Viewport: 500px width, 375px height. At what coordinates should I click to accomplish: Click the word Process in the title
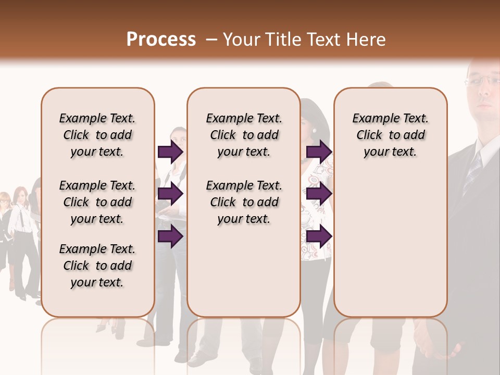tap(161, 40)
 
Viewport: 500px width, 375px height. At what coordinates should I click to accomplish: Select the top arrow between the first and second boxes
tap(170, 152)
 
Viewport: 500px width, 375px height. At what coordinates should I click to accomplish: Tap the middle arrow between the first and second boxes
tap(170, 194)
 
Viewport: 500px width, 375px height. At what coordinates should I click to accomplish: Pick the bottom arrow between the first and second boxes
tap(170, 236)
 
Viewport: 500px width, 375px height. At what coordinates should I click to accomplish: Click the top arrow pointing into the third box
tap(319, 152)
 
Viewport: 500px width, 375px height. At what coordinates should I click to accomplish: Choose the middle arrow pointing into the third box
tap(319, 194)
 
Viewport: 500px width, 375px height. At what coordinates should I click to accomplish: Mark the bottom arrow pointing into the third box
tap(319, 236)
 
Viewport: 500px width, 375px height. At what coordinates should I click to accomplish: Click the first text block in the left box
tap(97, 135)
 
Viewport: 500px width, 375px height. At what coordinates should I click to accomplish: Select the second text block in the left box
tap(97, 202)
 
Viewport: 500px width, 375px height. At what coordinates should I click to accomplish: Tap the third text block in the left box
tap(97, 266)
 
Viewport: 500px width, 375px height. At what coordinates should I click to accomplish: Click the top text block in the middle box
tap(244, 135)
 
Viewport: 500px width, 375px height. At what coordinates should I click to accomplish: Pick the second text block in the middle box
tap(244, 202)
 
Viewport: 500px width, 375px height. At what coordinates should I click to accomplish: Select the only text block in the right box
tap(390, 135)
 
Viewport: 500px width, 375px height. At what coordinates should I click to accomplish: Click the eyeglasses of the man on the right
tap(482, 80)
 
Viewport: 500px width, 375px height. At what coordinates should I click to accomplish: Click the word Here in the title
tap(367, 40)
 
